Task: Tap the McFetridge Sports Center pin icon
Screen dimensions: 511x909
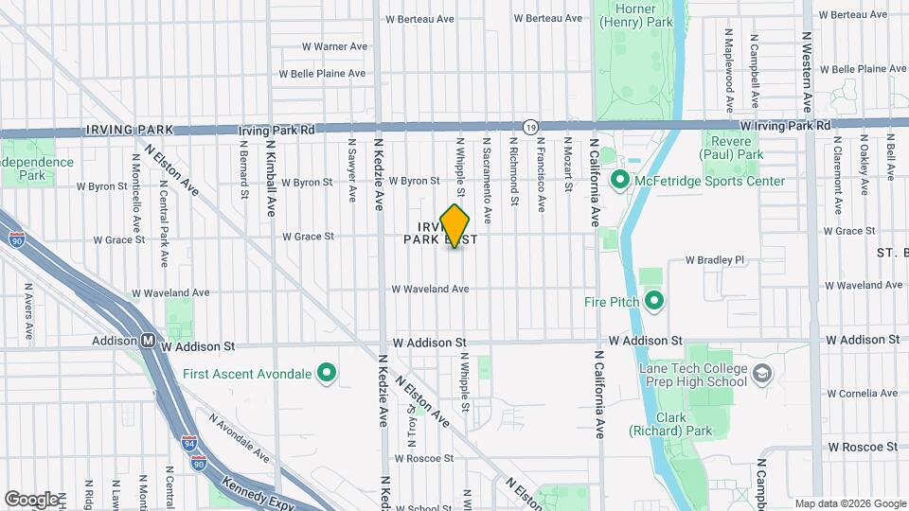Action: (621, 180)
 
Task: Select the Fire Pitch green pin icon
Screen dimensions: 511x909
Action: (653, 302)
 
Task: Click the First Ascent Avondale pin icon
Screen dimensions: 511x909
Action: (327, 373)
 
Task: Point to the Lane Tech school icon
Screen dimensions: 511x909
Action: (761, 375)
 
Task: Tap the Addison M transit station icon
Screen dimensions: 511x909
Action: (149, 341)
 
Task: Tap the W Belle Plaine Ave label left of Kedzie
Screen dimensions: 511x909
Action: (322, 73)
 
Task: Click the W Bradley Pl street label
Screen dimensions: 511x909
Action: (715, 259)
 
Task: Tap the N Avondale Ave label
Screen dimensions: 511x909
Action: (238, 431)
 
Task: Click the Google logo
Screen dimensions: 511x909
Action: (31, 499)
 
